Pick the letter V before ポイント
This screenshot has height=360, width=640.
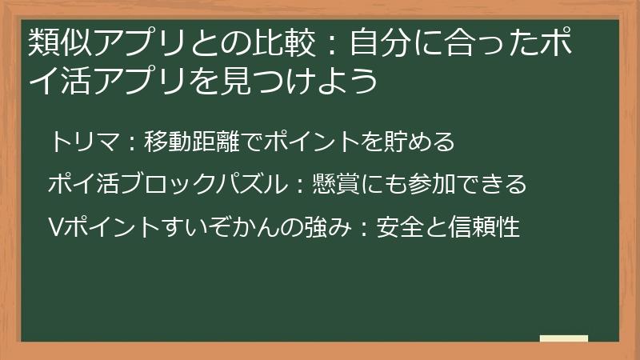[x=55, y=228]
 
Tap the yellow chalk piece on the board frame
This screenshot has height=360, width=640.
[x=564, y=338]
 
